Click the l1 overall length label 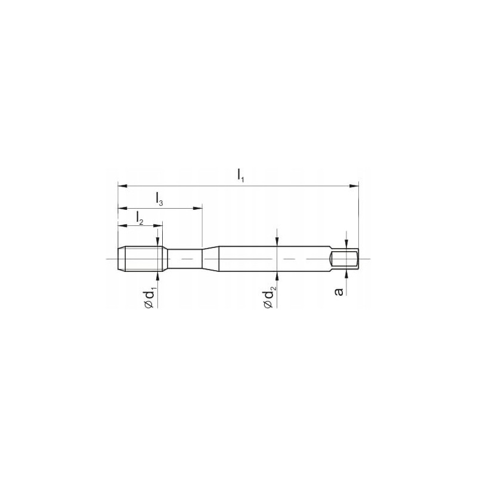click(240, 176)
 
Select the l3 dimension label click(159, 199)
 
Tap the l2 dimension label click(140, 218)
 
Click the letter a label click(339, 292)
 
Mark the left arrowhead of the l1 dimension click(122, 186)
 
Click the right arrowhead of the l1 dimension click(354, 186)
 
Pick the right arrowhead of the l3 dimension click(198, 208)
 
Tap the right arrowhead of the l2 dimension click(158, 226)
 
